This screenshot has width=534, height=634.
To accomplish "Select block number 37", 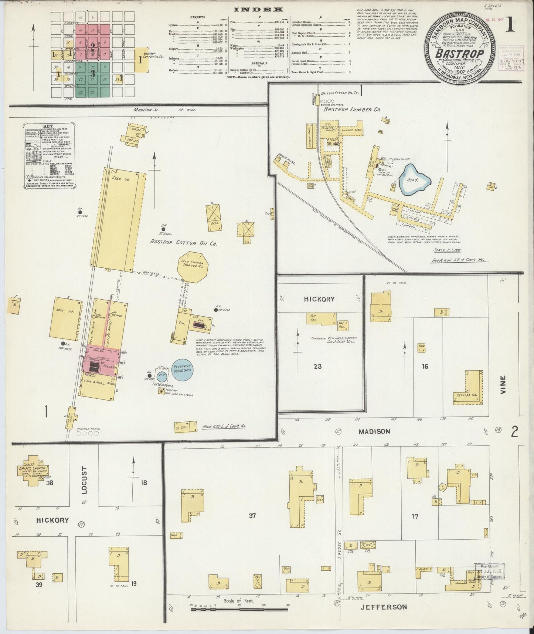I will (252, 516).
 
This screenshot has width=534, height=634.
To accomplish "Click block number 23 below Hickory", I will (317, 367).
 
